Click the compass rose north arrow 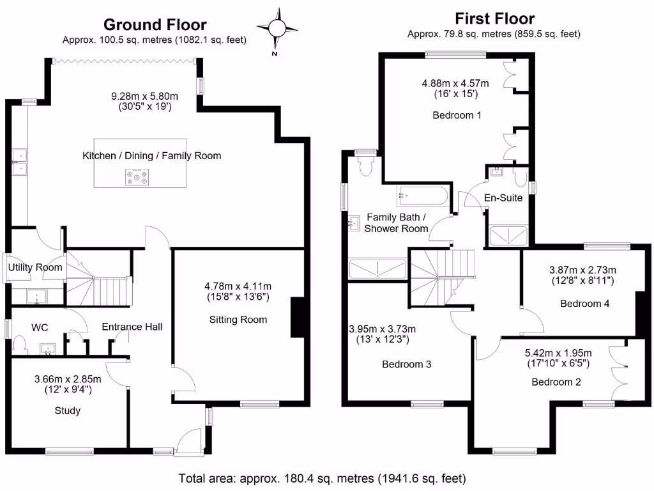(x=278, y=28)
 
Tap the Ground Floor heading (x=155, y=24)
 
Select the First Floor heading (x=494, y=18)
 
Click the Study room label (x=67, y=410)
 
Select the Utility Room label (x=35, y=267)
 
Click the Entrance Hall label (x=132, y=327)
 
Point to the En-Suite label (x=503, y=198)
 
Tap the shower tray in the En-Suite (x=508, y=236)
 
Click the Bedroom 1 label (x=457, y=116)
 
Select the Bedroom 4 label (x=584, y=304)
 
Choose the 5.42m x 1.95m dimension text (x=558, y=352)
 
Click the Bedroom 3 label (x=406, y=364)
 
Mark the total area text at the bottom (x=323, y=478)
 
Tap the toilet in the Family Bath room (x=366, y=166)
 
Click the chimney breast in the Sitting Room (x=297, y=317)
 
